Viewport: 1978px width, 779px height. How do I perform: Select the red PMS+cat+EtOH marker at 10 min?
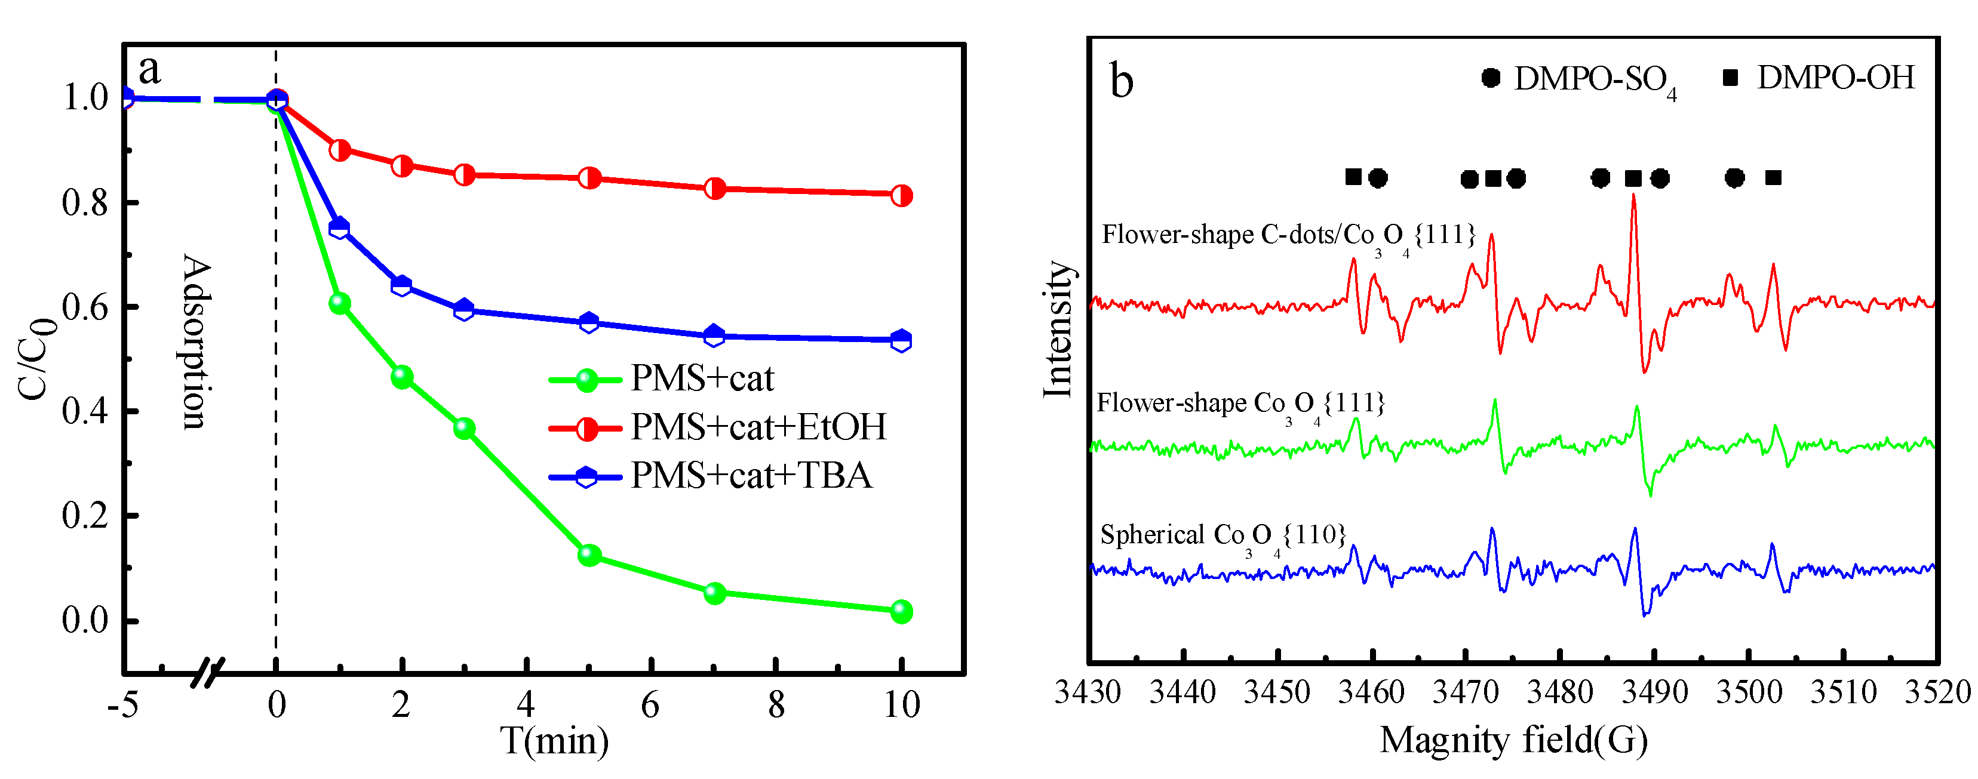pyautogui.click(x=901, y=195)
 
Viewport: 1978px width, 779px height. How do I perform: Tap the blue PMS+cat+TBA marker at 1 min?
pyautogui.click(x=339, y=228)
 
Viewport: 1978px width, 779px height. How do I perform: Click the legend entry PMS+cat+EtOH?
pyautogui.click(x=758, y=427)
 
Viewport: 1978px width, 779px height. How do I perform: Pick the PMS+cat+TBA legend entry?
pyautogui.click(x=751, y=476)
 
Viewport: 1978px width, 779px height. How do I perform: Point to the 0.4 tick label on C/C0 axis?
pyautogui.click(x=85, y=411)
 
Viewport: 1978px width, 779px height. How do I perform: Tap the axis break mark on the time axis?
pyautogui.click(x=207, y=672)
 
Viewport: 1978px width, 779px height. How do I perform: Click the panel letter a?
pyautogui.click(x=150, y=69)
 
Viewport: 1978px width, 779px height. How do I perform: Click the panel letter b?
pyautogui.click(x=1121, y=81)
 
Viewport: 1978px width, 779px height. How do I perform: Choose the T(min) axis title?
pyautogui.click(x=554, y=741)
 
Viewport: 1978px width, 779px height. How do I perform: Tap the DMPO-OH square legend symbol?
pyautogui.click(x=1730, y=78)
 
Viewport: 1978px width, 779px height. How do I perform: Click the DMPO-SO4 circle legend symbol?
pyautogui.click(x=1491, y=78)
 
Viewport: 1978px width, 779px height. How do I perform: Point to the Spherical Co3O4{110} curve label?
pyautogui.click(x=1223, y=535)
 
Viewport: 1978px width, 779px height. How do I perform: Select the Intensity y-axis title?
pyautogui.click(x=1058, y=330)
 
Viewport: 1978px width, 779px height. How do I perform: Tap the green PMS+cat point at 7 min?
pyautogui.click(x=714, y=593)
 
